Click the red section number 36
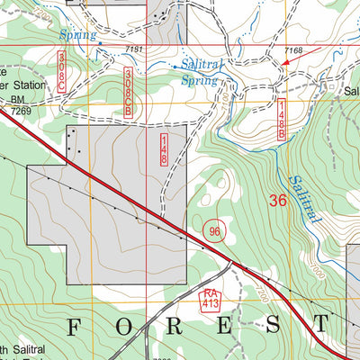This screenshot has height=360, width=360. click(277, 201)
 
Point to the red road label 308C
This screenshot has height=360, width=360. click(62, 68)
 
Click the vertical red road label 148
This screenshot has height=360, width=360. click(164, 148)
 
